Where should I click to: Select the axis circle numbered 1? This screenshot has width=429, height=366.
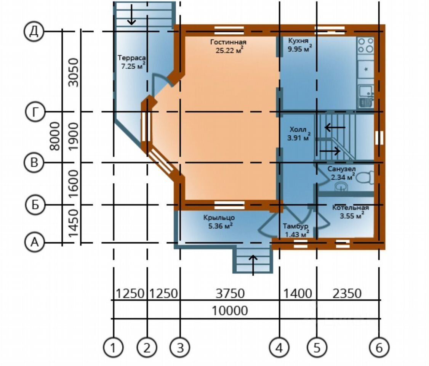tap(113, 347)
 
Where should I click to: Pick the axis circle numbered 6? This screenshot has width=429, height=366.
tap(379, 347)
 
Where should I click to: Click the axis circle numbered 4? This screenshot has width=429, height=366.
tap(279, 347)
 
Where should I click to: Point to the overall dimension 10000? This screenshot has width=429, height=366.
tap(230, 311)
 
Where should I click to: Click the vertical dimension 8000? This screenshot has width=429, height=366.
tap(56, 136)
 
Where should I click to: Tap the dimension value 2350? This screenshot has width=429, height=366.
tap(347, 294)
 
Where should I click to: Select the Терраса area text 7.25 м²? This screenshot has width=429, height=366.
tap(131, 66)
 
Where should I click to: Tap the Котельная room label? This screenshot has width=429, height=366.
tap(350, 208)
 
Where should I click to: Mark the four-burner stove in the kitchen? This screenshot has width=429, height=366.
tap(365, 45)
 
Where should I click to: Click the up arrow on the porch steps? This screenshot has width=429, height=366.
tap(253, 264)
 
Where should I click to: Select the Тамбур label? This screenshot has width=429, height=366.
tap(295, 226)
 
